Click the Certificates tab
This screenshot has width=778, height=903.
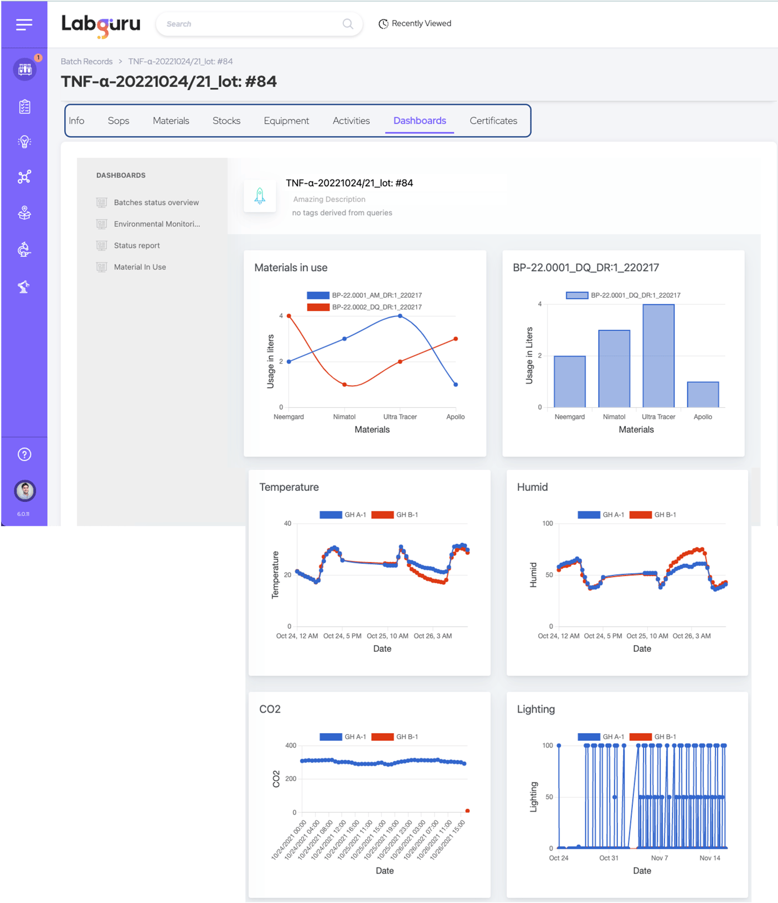point(493,121)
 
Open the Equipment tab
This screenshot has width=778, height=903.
point(286,121)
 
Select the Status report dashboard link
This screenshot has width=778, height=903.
point(136,246)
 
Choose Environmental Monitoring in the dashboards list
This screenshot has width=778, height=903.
point(156,224)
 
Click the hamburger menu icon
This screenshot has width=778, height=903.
point(24,24)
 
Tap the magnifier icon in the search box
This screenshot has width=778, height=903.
point(348,24)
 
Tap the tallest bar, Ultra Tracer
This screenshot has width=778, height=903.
point(658,356)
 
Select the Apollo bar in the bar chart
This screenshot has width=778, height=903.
point(703,395)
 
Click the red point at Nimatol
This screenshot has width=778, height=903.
point(344,385)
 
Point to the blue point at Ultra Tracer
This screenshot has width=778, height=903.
point(400,316)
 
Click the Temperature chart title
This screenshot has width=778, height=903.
point(289,487)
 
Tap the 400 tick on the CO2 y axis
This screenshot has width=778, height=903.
point(291,745)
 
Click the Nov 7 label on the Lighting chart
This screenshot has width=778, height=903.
point(659,858)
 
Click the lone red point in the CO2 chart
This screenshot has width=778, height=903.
point(467,811)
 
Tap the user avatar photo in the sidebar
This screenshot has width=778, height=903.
point(24,490)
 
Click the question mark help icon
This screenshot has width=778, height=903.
point(24,454)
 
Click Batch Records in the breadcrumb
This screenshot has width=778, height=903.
point(86,61)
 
